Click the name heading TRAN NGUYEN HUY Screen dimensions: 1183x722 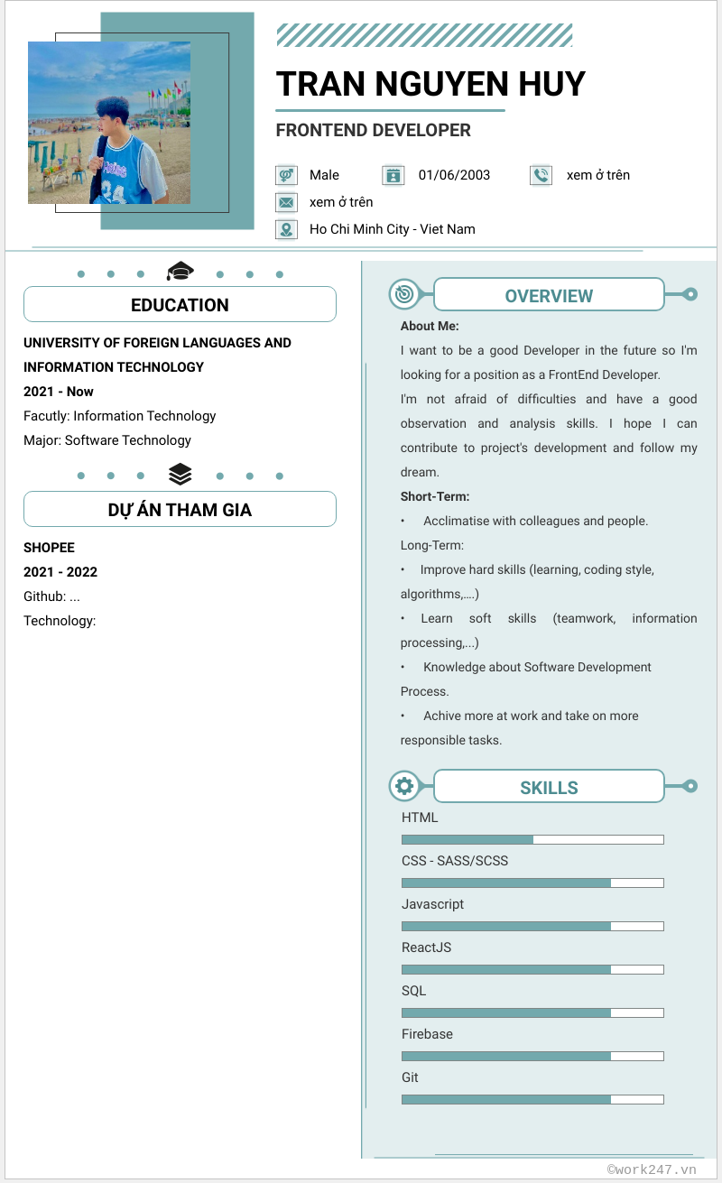(430, 84)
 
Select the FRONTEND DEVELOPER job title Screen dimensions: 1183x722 (373, 130)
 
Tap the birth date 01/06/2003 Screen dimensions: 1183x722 (454, 175)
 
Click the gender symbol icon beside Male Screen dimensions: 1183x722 (286, 175)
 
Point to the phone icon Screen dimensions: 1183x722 (541, 175)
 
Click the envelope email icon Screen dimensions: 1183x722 (286, 202)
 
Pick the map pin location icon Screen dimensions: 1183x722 (286, 229)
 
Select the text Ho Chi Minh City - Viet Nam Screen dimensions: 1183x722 (392, 229)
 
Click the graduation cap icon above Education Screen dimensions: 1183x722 (180, 271)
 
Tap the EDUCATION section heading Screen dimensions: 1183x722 (180, 305)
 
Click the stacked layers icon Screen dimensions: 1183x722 (180, 474)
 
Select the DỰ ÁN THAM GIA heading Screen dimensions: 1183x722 (180, 510)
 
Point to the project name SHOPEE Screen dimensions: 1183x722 (49, 548)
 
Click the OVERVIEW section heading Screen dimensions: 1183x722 (549, 296)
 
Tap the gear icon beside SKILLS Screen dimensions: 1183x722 (404, 786)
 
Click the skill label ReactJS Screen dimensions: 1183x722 (426, 947)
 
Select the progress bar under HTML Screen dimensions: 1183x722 (532, 839)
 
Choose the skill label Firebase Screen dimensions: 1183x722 (427, 1034)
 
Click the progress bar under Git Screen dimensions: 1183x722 (532, 1099)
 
